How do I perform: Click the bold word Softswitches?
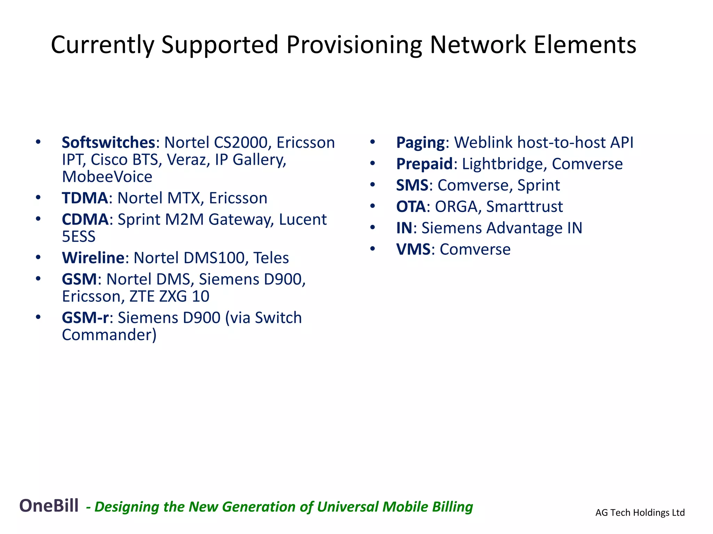click(x=108, y=143)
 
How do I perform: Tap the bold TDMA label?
click(x=85, y=198)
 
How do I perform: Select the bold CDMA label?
click(x=85, y=220)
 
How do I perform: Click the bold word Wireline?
click(x=93, y=258)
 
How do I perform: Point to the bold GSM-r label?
click(x=85, y=318)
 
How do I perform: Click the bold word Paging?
click(x=420, y=143)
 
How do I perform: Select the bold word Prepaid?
click(x=424, y=164)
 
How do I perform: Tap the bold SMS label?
click(x=412, y=185)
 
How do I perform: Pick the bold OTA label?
click(x=410, y=207)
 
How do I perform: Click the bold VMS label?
click(x=413, y=250)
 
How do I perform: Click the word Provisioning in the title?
click(x=354, y=45)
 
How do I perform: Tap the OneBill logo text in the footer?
click(x=49, y=505)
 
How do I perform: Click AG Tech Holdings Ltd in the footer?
click(x=640, y=512)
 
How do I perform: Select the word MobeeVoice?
click(x=107, y=177)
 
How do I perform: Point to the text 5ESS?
click(x=79, y=237)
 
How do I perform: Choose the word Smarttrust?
click(x=524, y=207)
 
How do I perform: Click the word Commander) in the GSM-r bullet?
click(x=109, y=335)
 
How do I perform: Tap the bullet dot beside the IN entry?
click(x=373, y=228)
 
